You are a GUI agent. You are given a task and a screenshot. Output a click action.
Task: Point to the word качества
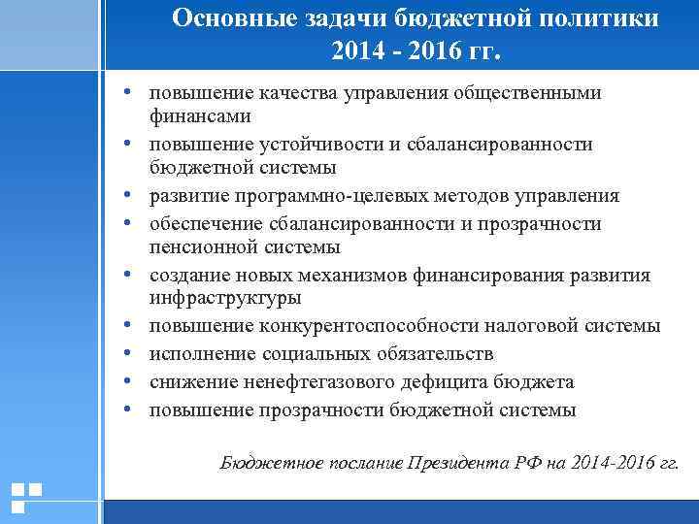[294, 93]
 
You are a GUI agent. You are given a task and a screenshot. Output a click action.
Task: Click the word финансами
[200, 116]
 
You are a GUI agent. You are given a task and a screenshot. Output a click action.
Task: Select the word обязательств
[431, 352]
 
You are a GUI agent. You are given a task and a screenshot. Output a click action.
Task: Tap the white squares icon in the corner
[25, 496]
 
